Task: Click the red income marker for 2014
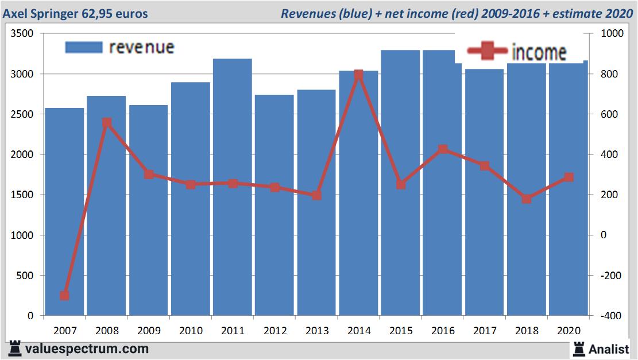click(358, 75)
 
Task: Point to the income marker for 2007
click(64, 296)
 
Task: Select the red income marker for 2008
click(106, 123)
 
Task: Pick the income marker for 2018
click(527, 199)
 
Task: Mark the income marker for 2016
click(443, 150)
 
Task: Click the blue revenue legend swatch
click(84, 47)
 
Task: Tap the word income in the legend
click(538, 53)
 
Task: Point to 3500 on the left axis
click(24, 34)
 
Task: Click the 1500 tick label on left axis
click(24, 195)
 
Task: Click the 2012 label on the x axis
click(274, 331)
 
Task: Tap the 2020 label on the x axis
click(569, 331)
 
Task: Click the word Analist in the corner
click(608, 349)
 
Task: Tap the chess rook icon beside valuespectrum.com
click(16, 349)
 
